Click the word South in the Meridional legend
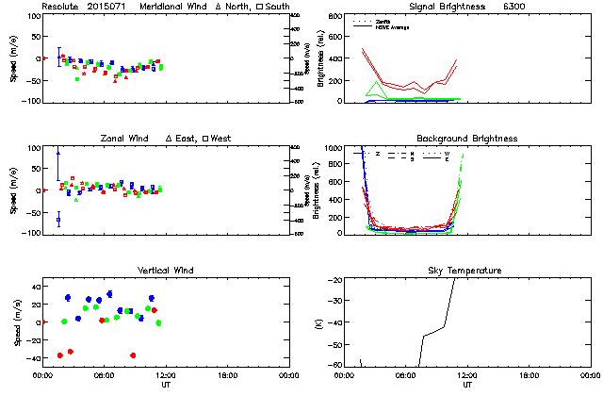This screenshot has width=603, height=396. (278, 7)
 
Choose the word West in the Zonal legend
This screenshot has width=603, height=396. (221, 139)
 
